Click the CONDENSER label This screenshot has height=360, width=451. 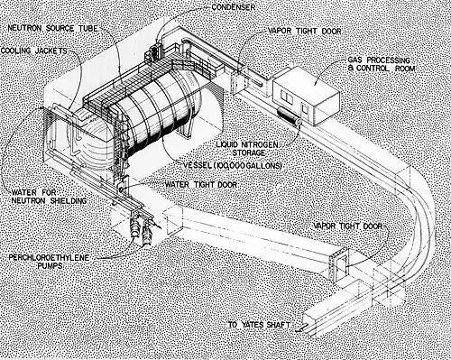click(x=234, y=7)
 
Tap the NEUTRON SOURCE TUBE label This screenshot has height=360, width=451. click(x=53, y=29)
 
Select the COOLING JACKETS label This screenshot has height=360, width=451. click(x=34, y=51)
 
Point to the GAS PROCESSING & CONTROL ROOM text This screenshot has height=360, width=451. click(x=382, y=64)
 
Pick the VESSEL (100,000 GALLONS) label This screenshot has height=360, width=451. click(x=233, y=165)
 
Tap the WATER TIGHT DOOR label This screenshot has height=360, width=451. click(x=201, y=184)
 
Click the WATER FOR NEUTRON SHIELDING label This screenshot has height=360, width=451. click(x=50, y=197)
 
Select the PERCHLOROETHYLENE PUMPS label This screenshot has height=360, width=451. click(x=49, y=262)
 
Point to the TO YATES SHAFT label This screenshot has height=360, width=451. click(x=259, y=325)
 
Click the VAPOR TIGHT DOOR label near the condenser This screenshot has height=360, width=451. click(x=304, y=31)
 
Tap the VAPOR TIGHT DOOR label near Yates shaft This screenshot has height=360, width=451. click(x=348, y=226)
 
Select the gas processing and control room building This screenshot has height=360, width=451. click(x=306, y=96)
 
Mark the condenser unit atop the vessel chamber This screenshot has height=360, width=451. click(x=153, y=51)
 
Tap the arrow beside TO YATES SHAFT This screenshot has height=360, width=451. click(x=300, y=328)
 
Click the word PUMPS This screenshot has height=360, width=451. click(x=50, y=266)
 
